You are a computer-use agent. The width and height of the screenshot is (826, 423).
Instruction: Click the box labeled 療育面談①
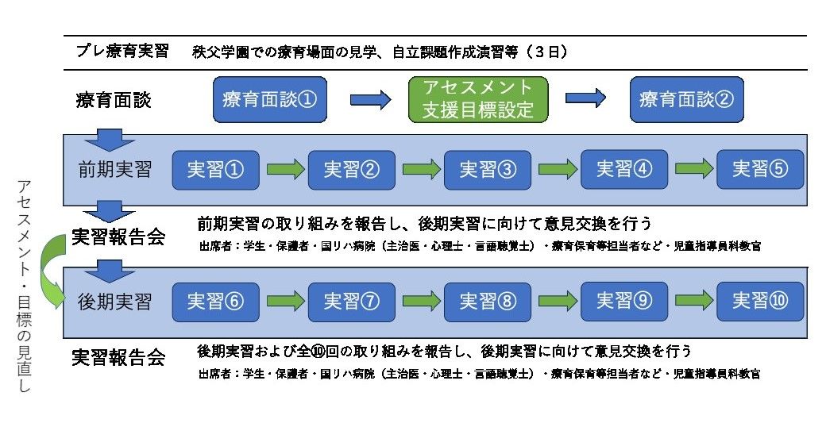[271, 99]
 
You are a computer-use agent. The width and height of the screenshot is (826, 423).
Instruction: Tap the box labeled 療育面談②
[686, 99]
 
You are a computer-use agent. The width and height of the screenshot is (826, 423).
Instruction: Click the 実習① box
[215, 169]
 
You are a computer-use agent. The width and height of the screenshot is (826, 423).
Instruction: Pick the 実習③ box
[487, 169]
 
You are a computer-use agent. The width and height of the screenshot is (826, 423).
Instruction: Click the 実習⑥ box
[215, 302]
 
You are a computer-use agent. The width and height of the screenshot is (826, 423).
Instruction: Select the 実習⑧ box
[487, 302]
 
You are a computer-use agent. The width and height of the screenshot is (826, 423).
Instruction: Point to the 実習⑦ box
[351, 302]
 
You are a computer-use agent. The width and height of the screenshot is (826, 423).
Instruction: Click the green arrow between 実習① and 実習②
[284, 170]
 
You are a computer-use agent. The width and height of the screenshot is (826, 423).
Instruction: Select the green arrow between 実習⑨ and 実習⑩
[692, 302]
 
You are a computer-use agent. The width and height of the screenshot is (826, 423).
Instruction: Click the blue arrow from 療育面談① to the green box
[371, 99]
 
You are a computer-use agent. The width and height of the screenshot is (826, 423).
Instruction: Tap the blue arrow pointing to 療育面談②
[586, 99]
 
